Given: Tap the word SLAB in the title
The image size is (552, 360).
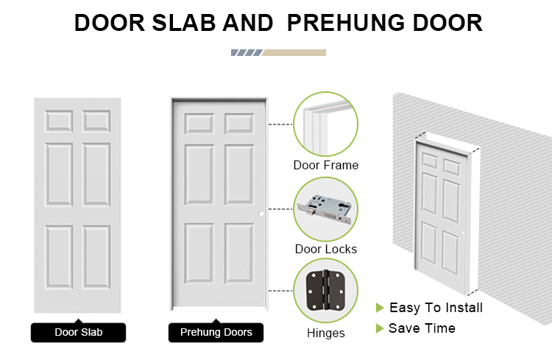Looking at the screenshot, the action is point(184,23).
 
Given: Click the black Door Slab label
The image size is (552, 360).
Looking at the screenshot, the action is point(78,332).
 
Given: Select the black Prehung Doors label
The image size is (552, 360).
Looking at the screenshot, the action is point(216,332).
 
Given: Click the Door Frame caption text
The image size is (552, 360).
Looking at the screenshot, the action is point(326,165).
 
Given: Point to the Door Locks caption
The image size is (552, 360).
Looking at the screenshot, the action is point(326,249).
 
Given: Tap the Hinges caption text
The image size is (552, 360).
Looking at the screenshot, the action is point(326,333).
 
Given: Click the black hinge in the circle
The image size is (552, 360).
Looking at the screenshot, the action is point(325,291).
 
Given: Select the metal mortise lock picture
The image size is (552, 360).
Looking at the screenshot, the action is point(325,209).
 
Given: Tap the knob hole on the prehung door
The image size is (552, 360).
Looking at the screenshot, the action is point(261,213).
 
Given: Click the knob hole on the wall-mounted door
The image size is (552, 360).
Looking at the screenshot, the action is point(463,233).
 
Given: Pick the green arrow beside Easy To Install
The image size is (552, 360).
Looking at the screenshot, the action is point(380,308).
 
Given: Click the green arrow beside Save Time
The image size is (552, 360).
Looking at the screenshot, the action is point(380,328).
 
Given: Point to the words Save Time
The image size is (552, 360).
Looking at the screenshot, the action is point(422,328).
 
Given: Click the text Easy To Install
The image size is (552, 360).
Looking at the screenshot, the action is point(436,308).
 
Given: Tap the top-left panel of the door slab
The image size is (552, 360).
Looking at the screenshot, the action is point(59,121).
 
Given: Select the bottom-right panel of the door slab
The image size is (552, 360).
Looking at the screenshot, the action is point(96,257).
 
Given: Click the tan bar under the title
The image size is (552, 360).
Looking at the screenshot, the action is point(294,52).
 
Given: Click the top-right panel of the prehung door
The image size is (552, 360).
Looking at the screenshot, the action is point(239,124).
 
